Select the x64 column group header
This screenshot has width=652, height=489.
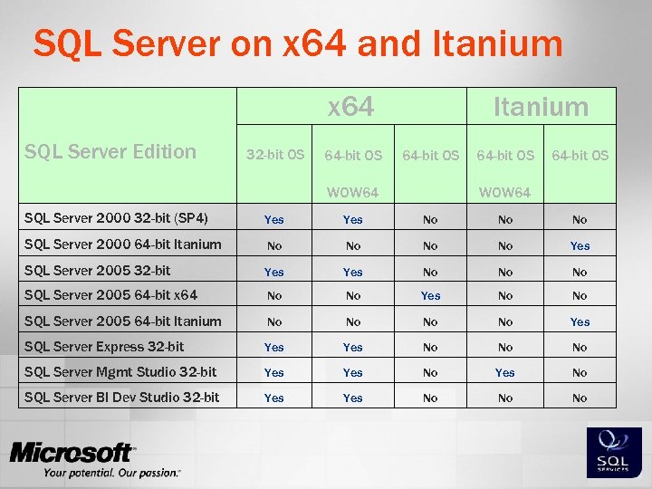click(350, 107)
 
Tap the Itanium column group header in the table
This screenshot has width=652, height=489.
click(541, 107)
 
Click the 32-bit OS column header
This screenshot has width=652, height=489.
click(274, 156)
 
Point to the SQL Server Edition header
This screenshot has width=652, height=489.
click(110, 151)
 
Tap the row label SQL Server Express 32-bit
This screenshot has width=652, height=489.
click(104, 346)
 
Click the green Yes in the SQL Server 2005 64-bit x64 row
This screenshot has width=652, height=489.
click(430, 296)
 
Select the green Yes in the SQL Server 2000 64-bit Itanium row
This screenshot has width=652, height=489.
click(580, 245)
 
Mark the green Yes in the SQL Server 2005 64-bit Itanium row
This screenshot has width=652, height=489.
click(580, 321)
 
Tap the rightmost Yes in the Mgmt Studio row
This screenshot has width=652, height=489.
click(505, 372)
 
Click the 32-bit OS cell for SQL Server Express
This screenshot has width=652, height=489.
click(273, 347)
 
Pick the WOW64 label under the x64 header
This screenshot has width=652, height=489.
click(352, 193)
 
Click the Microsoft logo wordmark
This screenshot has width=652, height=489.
click(72, 453)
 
